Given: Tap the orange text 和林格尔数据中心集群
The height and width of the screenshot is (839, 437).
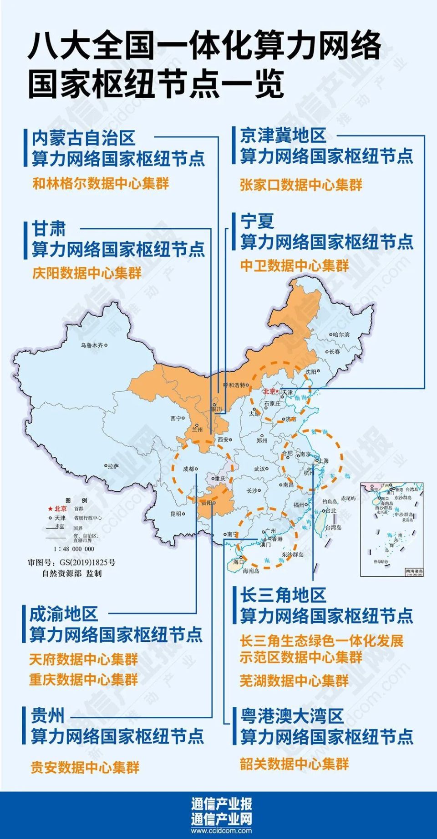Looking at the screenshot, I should (x=101, y=184).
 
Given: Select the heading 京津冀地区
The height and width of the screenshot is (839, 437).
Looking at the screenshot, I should (x=283, y=135).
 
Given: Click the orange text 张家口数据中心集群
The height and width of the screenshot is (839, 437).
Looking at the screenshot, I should (x=301, y=185).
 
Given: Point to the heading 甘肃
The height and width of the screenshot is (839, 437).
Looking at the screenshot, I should (x=49, y=229).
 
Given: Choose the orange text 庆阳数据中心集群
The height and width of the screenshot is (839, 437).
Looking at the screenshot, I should (x=87, y=273).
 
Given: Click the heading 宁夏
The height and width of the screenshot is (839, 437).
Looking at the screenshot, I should (x=257, y=221).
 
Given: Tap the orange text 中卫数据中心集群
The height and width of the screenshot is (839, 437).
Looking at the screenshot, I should (x=295, y=266).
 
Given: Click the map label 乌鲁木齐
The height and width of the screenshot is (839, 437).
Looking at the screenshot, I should (x=92, y=345).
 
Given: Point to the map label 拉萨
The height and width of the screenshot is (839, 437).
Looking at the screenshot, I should (x=113, y=466).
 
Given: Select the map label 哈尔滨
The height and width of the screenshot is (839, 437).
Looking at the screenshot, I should (x=341, y=335).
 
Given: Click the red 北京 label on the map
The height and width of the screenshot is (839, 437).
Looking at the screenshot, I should (x=269, y=391).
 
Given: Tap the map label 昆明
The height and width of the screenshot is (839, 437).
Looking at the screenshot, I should (x=176, y=514).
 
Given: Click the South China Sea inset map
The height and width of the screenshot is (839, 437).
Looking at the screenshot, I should (x=392, y=529).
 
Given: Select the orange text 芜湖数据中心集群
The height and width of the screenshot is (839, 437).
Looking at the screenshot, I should (x=294, y=681).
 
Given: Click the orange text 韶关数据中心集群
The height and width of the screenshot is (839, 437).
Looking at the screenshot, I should (x=294, y=764).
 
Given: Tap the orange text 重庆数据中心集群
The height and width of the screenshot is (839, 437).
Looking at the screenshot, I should (x=83, y=680).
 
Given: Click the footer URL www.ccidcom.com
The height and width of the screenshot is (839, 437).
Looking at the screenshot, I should (x=221, y=831).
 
